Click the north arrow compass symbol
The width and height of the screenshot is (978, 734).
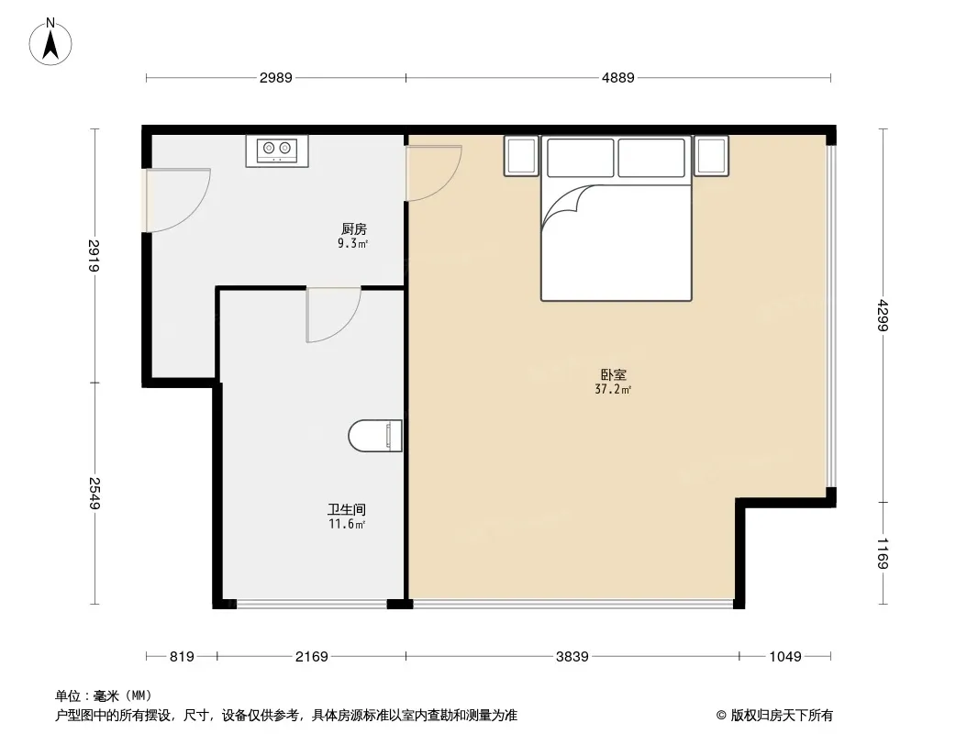(x=50, y=42)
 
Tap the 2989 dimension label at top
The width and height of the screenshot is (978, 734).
(x=275, y=78)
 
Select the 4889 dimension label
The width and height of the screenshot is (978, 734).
(x=617, y=78)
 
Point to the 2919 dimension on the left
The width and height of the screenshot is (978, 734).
(x=94, y=256)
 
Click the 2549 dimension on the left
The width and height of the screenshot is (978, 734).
(x=94, y=494)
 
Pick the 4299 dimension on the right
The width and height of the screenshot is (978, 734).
(x=884, y=315)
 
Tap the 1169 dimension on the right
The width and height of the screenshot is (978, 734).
(x=884, y=553)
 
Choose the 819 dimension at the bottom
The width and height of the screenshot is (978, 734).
(x=183, y=657)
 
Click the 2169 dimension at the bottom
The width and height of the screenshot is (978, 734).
(x=311, y=657)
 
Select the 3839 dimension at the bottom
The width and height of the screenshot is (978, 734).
(x=572, y=657)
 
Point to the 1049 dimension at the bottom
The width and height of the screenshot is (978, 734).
(x=784, y=657)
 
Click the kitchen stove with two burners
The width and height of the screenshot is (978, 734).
(x=277, y=150)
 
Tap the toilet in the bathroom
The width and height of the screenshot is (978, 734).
(x=375, y=435)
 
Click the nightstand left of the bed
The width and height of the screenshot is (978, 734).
(x=521, y=156)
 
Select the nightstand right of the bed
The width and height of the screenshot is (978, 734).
(x=711, y=156)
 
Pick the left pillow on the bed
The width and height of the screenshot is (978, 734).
(x=580, y=158)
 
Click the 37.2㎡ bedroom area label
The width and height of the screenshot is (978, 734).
(x=613, y=390)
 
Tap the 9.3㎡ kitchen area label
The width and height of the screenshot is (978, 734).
(x=352, y=244)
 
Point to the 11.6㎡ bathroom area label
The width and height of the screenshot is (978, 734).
(x=347, y=525)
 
